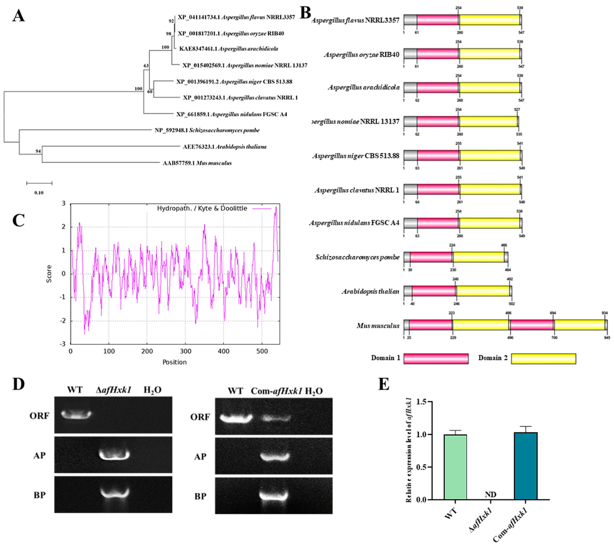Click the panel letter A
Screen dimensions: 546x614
(x=19, y=16)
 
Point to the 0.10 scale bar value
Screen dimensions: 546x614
(x=39, y=193)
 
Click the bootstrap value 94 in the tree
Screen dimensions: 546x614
(x=38, y=151)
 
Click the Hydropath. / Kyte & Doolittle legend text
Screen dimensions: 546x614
(x=202, y=208)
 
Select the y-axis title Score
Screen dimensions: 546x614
(x=49, y=274)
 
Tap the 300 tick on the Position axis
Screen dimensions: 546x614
(x=185, y=351)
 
